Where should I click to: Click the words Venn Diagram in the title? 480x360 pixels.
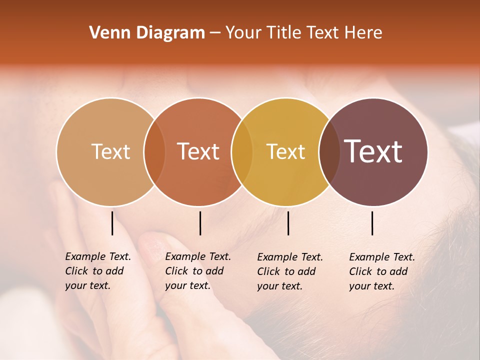(147, 33)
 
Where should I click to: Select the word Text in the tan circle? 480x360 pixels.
(110, 151)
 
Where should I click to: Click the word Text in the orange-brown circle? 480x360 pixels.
(198, 151)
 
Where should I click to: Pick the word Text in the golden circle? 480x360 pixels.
(285, 151)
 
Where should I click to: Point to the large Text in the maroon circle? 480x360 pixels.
(373, 151)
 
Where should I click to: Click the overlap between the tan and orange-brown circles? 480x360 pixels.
(154, 152)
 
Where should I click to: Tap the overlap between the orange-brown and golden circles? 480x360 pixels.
(242, 152)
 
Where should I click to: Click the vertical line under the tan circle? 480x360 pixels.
(112, 223)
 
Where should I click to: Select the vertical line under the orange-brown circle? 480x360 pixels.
(200, 223)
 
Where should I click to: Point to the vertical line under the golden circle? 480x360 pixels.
(288, 223)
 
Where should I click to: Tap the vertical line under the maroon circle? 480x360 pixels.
(372, 223)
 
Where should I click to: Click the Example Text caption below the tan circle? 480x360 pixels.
(98, 271)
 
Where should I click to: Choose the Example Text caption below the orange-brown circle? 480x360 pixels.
(198, 271)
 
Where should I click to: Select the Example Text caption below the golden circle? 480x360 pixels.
(290, 271)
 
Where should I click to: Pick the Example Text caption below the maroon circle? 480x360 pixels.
(382, 271)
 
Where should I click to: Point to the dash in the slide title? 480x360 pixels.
(215, 33)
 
